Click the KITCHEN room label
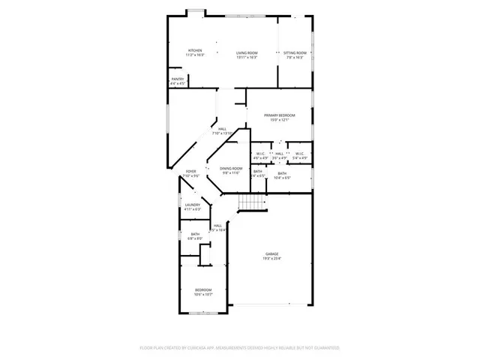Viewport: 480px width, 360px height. (195, 52)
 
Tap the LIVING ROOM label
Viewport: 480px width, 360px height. (247, 52)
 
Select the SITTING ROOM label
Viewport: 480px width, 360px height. (295, 52)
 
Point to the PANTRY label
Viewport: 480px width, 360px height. (178, 79)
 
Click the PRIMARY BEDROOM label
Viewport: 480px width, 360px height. (279, 115)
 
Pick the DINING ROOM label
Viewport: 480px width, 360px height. (230, 169)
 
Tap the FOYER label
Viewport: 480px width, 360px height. (191, 172)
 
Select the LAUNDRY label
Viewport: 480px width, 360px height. (193, 205)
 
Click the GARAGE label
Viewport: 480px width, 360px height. (271, 254)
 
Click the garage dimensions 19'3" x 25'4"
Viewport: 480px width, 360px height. (271, 259)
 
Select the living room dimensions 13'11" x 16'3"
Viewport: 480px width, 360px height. (247, 57)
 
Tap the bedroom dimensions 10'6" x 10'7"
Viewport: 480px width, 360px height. (203, 294)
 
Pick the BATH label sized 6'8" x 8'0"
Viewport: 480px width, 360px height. (195, 235)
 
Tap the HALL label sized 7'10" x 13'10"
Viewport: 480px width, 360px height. (223, 129)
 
